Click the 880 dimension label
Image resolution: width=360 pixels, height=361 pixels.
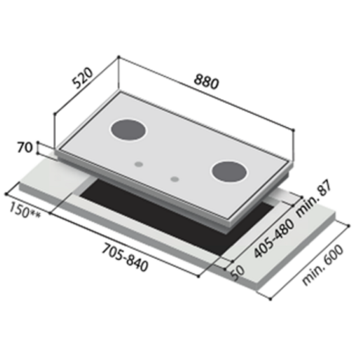(206, 82)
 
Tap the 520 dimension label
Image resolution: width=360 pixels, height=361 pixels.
(82, 77)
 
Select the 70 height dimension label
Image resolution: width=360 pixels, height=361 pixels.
(25, 148)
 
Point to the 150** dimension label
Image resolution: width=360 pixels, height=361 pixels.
(25, 211)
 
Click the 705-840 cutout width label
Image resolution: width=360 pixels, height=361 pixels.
(125, 258)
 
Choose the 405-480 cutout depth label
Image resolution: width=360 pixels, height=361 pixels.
(274, 238)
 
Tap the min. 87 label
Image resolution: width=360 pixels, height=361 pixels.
(314, 198)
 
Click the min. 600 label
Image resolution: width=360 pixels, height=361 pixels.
(323, 265)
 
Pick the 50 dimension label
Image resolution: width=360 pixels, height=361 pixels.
(238, 273)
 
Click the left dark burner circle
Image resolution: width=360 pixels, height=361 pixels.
(128, 130)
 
